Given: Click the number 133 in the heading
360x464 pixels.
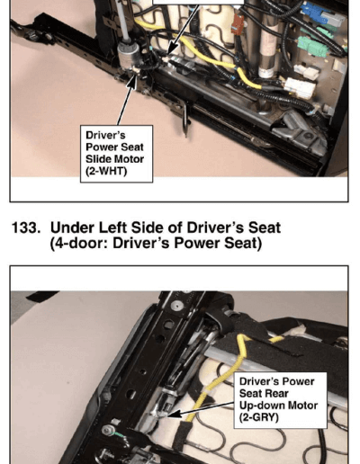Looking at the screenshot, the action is point(26,228).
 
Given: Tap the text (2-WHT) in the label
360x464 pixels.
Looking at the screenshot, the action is point(106,171).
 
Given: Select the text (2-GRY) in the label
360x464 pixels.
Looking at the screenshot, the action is point(259,417).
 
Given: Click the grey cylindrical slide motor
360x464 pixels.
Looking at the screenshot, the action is point(130,56).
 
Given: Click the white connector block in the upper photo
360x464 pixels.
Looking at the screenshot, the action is point(299,87).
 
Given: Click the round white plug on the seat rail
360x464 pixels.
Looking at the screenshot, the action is point(176,305).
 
